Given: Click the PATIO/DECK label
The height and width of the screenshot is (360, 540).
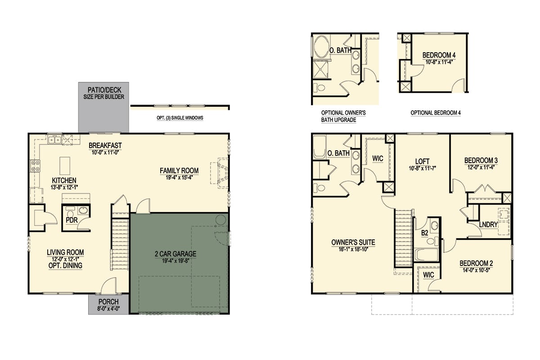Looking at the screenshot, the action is [104, 90].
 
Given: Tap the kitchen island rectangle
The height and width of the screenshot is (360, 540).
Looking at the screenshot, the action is [65, 166].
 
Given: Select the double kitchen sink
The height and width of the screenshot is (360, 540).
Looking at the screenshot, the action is [54, 140].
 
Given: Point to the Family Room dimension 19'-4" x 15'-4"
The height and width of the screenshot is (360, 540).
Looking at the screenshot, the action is [179, 178].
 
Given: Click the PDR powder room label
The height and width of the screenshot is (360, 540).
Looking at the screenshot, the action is [72, 220].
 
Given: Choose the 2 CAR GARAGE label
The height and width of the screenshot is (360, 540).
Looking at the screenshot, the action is [175, 254].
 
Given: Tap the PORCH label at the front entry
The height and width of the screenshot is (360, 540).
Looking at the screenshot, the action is [108, 301].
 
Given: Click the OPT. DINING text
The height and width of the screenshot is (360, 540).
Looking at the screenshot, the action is [65, 265].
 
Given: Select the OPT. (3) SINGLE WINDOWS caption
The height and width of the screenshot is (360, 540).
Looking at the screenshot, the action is [180, 118].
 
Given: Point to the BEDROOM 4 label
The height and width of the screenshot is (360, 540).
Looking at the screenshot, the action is [439, 55].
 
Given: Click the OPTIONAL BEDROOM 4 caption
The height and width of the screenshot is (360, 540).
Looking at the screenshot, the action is [436, 113].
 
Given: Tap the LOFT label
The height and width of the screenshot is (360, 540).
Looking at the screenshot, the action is [423, 161].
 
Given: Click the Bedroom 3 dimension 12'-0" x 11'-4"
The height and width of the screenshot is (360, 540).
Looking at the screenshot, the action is [481, 167].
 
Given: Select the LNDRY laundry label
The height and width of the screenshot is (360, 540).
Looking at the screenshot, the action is [488, 225].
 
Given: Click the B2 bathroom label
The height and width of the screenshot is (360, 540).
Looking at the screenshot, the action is [424, 233].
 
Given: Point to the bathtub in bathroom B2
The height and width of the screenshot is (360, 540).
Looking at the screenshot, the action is [427, 255].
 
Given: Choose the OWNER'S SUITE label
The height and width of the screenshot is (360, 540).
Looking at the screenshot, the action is [353, 243].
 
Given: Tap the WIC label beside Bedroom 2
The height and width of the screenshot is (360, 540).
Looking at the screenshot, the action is [428, 275].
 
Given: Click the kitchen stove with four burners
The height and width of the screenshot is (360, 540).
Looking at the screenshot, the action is [35, 166].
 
